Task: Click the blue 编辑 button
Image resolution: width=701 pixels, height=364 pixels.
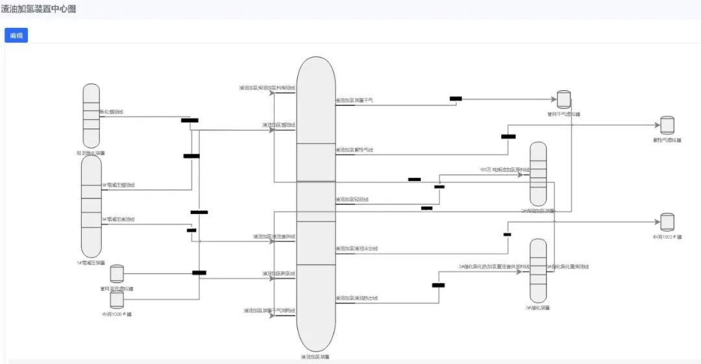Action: (16, 36)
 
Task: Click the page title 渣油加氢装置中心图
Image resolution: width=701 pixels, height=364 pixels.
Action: (38, 9)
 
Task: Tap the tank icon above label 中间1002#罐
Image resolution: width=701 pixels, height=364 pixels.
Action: (667, 223)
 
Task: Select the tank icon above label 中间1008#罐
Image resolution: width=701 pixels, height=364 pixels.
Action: (117, 299)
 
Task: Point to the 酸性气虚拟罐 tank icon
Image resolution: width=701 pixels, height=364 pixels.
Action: (667, 125)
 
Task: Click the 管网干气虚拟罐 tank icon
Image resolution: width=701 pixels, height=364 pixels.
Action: (564, 99)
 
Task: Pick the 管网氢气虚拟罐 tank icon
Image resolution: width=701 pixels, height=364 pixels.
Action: (117, 274)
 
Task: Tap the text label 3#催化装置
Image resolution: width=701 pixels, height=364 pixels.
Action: (538, 308)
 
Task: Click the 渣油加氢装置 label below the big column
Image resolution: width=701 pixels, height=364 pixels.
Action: (315, 356)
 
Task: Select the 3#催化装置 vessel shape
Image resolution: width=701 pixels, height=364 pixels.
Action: (538, 270)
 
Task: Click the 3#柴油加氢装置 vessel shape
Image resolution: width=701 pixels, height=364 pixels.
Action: (538, 174)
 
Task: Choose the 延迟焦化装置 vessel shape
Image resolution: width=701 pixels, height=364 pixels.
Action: (92, 116)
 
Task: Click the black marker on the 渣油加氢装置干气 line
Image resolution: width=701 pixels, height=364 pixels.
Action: (456, 99)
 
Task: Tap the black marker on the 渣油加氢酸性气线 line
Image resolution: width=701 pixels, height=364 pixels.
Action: (508, 136)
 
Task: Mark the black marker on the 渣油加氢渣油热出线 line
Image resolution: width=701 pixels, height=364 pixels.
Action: (438, 285)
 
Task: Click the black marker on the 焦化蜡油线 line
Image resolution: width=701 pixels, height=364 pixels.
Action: (190, 120)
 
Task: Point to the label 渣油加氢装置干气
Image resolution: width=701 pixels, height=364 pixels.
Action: (354, 101)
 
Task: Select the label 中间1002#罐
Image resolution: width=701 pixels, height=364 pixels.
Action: (667, 237)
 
